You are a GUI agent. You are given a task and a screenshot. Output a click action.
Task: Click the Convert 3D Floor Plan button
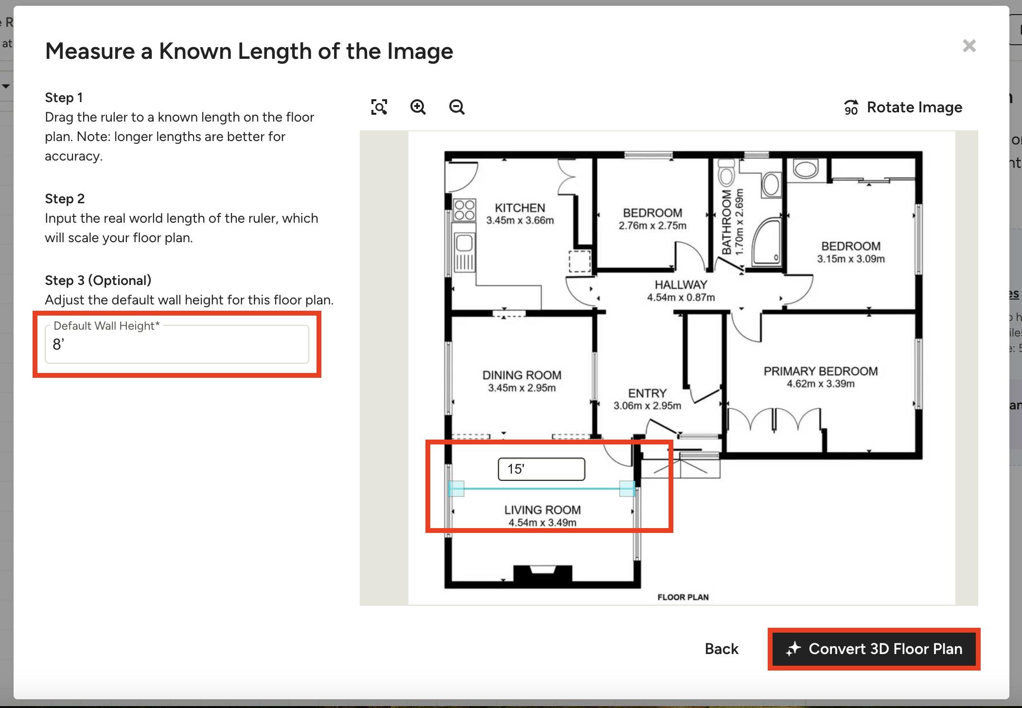tap(874, 649)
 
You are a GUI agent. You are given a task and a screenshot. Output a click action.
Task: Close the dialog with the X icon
tap(969, 46)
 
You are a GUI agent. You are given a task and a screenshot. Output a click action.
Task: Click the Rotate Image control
tap(903, 107)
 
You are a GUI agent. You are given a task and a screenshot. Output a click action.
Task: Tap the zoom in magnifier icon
tap(418, 107)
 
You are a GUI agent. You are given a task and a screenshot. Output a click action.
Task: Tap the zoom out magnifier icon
tap(457, 107)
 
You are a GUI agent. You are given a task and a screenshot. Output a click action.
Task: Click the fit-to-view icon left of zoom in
tap(379, 107)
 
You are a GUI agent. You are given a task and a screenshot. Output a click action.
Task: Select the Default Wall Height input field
tap(176, 344)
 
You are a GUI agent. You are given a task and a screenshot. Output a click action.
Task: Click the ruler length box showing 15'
tap(541, 469)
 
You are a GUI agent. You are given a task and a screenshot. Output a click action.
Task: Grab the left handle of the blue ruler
tap(456, 488)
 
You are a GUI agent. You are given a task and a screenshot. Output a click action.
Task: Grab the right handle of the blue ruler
tap(627, 488)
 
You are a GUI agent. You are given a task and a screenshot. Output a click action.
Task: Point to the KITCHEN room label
tap(520, 208)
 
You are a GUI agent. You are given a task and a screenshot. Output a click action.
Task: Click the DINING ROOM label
tap(522, 375)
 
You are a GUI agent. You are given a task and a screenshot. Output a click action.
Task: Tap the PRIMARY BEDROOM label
tap(820, 372)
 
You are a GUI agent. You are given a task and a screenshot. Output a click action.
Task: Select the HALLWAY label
tap(681, 285)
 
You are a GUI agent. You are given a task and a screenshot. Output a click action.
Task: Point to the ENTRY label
tap(647, 393)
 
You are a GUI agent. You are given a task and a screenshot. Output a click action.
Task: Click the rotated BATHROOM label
tap(726, 222)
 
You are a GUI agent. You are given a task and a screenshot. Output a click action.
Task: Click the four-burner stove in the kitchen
tap(464, 210)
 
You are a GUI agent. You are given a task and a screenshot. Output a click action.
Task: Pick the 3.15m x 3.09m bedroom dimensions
tap(851, 259)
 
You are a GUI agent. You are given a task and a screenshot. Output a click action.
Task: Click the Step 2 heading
tap(65, 199)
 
